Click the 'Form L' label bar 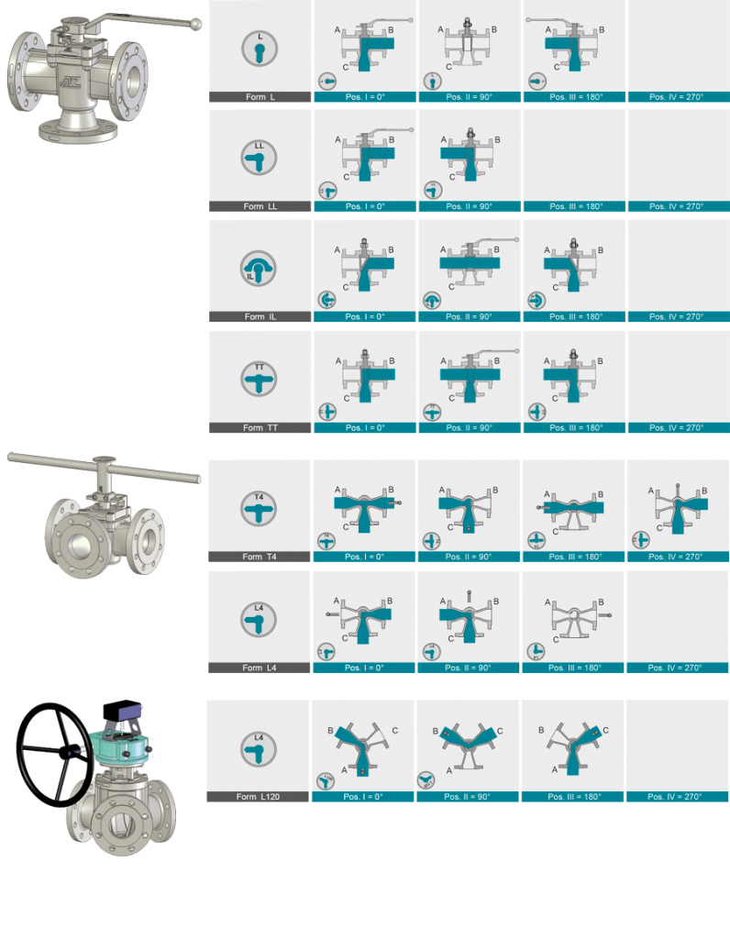click(x=260, y=97)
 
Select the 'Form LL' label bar click(x=260, y=206)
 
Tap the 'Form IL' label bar click(x=260, y=316)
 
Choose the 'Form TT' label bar click(x=260, y=427)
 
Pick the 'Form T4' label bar click(x=260, y=557)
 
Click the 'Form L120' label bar click(x=258, y=797)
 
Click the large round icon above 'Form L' click(x=260, y=49)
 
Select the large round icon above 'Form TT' click(x=260, y=379)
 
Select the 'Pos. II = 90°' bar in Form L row click(x=470, y=97)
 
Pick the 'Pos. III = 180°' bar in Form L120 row click(x=572, y=797)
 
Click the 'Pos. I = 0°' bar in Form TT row click(x=365, y=427)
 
